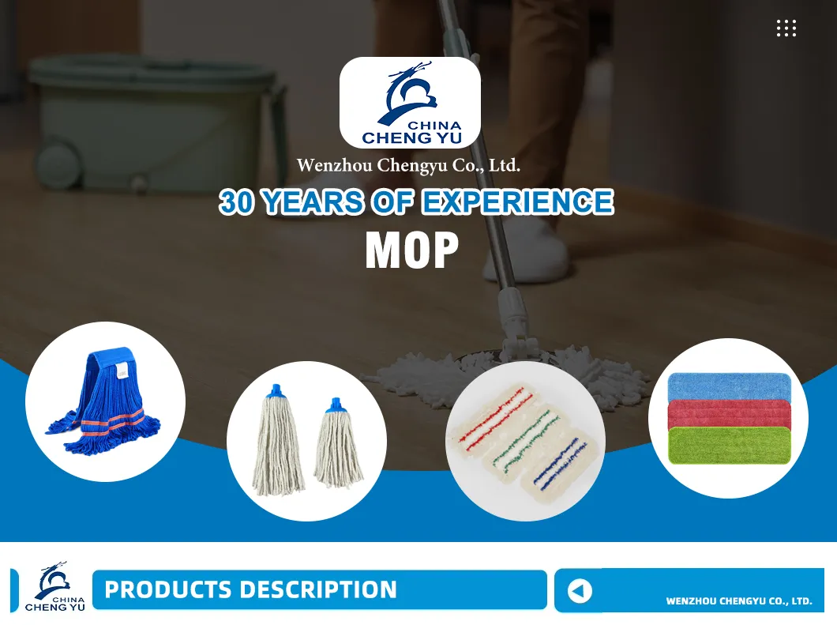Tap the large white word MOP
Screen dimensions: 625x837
point(411,250)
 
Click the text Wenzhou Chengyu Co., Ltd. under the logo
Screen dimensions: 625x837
point(408,166)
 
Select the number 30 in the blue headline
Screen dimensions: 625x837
point(237,202)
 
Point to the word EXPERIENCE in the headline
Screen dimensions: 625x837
point(516,202)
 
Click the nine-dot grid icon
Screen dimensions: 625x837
point(786,28)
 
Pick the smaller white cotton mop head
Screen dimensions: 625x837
point(338,442)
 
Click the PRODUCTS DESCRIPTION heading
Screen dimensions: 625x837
point(250,589)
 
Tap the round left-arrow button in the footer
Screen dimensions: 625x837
point(580,591)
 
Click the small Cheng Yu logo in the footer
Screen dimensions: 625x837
point(54,589)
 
